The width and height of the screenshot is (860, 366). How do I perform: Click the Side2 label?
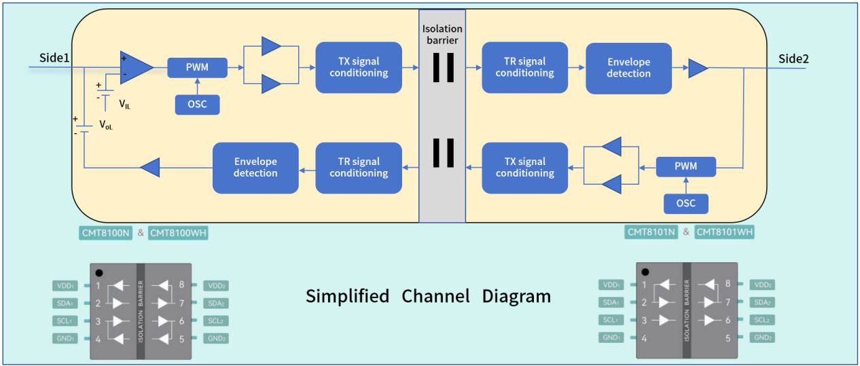[793, 58]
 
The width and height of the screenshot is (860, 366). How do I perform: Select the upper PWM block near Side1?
[197, 68]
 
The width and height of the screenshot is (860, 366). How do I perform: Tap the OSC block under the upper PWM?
[197, 105]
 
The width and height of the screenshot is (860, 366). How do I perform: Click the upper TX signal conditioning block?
[359, 67]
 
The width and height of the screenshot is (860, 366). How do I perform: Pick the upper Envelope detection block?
[628, 68]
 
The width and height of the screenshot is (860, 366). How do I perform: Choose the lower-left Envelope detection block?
[255, 168]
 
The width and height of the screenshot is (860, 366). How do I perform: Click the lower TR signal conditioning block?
[359, 168]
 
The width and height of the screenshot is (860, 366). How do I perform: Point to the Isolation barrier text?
[442, 34]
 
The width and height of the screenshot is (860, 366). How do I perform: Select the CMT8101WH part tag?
[725, 232]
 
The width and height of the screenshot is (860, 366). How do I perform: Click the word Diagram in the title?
[517, 297]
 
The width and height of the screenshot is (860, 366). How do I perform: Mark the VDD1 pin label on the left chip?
[66, 286]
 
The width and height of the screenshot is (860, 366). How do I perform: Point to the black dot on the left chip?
[100, 272]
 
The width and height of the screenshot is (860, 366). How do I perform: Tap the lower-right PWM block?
[685, 167]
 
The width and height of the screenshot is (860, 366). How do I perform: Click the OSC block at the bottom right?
[685, 204]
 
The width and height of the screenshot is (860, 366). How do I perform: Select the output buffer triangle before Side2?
[697, 67]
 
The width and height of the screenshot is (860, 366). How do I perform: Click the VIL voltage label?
[125, 105]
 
